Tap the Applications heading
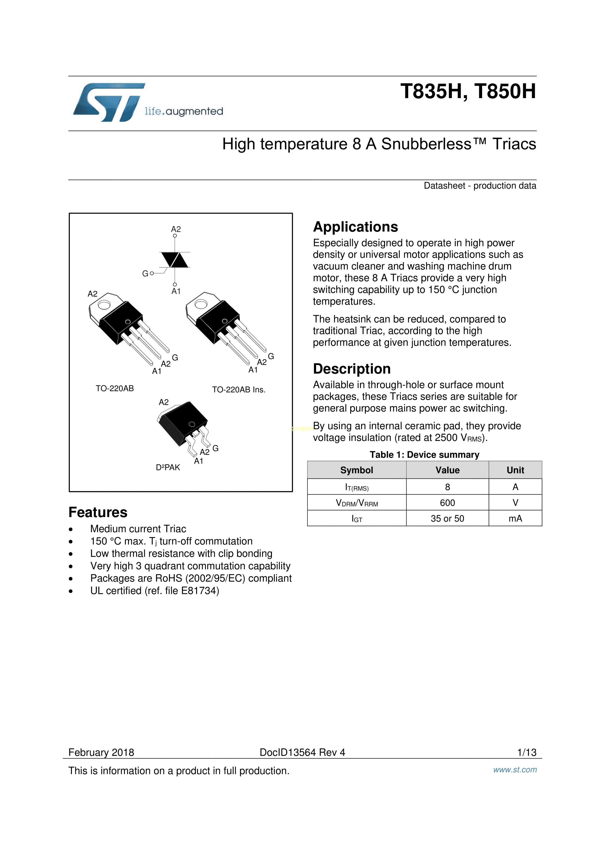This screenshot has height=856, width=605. tap(355, 227)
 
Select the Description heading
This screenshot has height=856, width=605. tap(352, 369)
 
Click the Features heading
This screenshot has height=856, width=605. tap(98, 512)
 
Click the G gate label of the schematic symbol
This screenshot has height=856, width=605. tap(145, 274)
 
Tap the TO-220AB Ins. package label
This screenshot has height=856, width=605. tap(239, 390)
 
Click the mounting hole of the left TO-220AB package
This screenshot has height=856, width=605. tap(104, 305)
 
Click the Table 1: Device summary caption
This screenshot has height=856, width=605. tap(424, 455)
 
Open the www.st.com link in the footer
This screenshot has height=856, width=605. tap(515, 770)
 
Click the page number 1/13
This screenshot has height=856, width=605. tap(526, 752)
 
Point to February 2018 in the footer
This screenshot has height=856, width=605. tap(101, 752)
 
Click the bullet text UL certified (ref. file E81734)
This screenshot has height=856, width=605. tap(155, 591)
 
